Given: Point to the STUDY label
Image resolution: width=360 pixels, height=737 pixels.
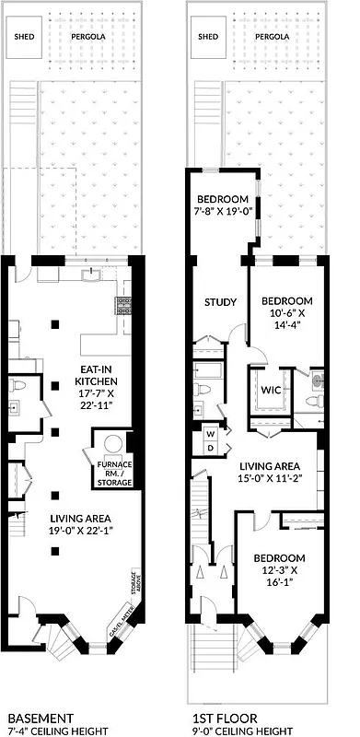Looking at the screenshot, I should click(221, 302).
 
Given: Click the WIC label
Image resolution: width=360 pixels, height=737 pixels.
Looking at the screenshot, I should click(270, 391).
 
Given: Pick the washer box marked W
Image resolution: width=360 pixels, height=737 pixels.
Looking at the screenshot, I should click(211, 433).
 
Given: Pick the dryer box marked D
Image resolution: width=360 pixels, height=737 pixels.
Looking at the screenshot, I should click(211, 447).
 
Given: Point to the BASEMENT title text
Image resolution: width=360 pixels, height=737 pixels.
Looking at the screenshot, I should click(40, 718).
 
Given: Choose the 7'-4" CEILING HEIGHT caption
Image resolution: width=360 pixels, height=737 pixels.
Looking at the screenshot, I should click(58, 731).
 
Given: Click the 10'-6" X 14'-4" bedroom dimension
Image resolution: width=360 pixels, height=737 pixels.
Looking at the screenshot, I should click(287, 318).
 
